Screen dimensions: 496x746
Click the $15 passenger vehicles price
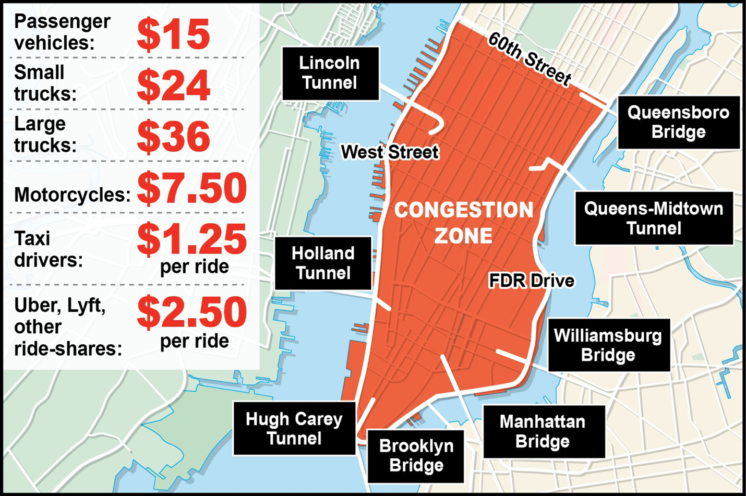click(174, 35)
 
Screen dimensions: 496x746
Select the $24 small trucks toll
click(174, 86)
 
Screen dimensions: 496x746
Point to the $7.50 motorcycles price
click(192, 188)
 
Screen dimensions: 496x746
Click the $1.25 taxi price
click(192, 239)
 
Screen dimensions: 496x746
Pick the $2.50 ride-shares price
click(192, 312)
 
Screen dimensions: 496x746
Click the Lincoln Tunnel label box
click(330, 73)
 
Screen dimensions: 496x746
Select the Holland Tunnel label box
click(323, 263)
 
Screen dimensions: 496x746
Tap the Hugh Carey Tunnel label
click(294, 428)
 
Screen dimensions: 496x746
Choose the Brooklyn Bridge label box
click(416, 456)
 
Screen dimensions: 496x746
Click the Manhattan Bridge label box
click(543, 431)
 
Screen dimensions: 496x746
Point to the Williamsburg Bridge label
click(608, 345)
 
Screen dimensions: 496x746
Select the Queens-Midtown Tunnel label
click(654, 218)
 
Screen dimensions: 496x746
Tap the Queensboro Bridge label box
click(678, 122)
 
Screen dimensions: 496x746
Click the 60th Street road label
click(530, 58)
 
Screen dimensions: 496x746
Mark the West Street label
click(390, 152)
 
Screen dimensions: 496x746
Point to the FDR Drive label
click(531, 281)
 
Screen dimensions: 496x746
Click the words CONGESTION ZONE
click(464, 223)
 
